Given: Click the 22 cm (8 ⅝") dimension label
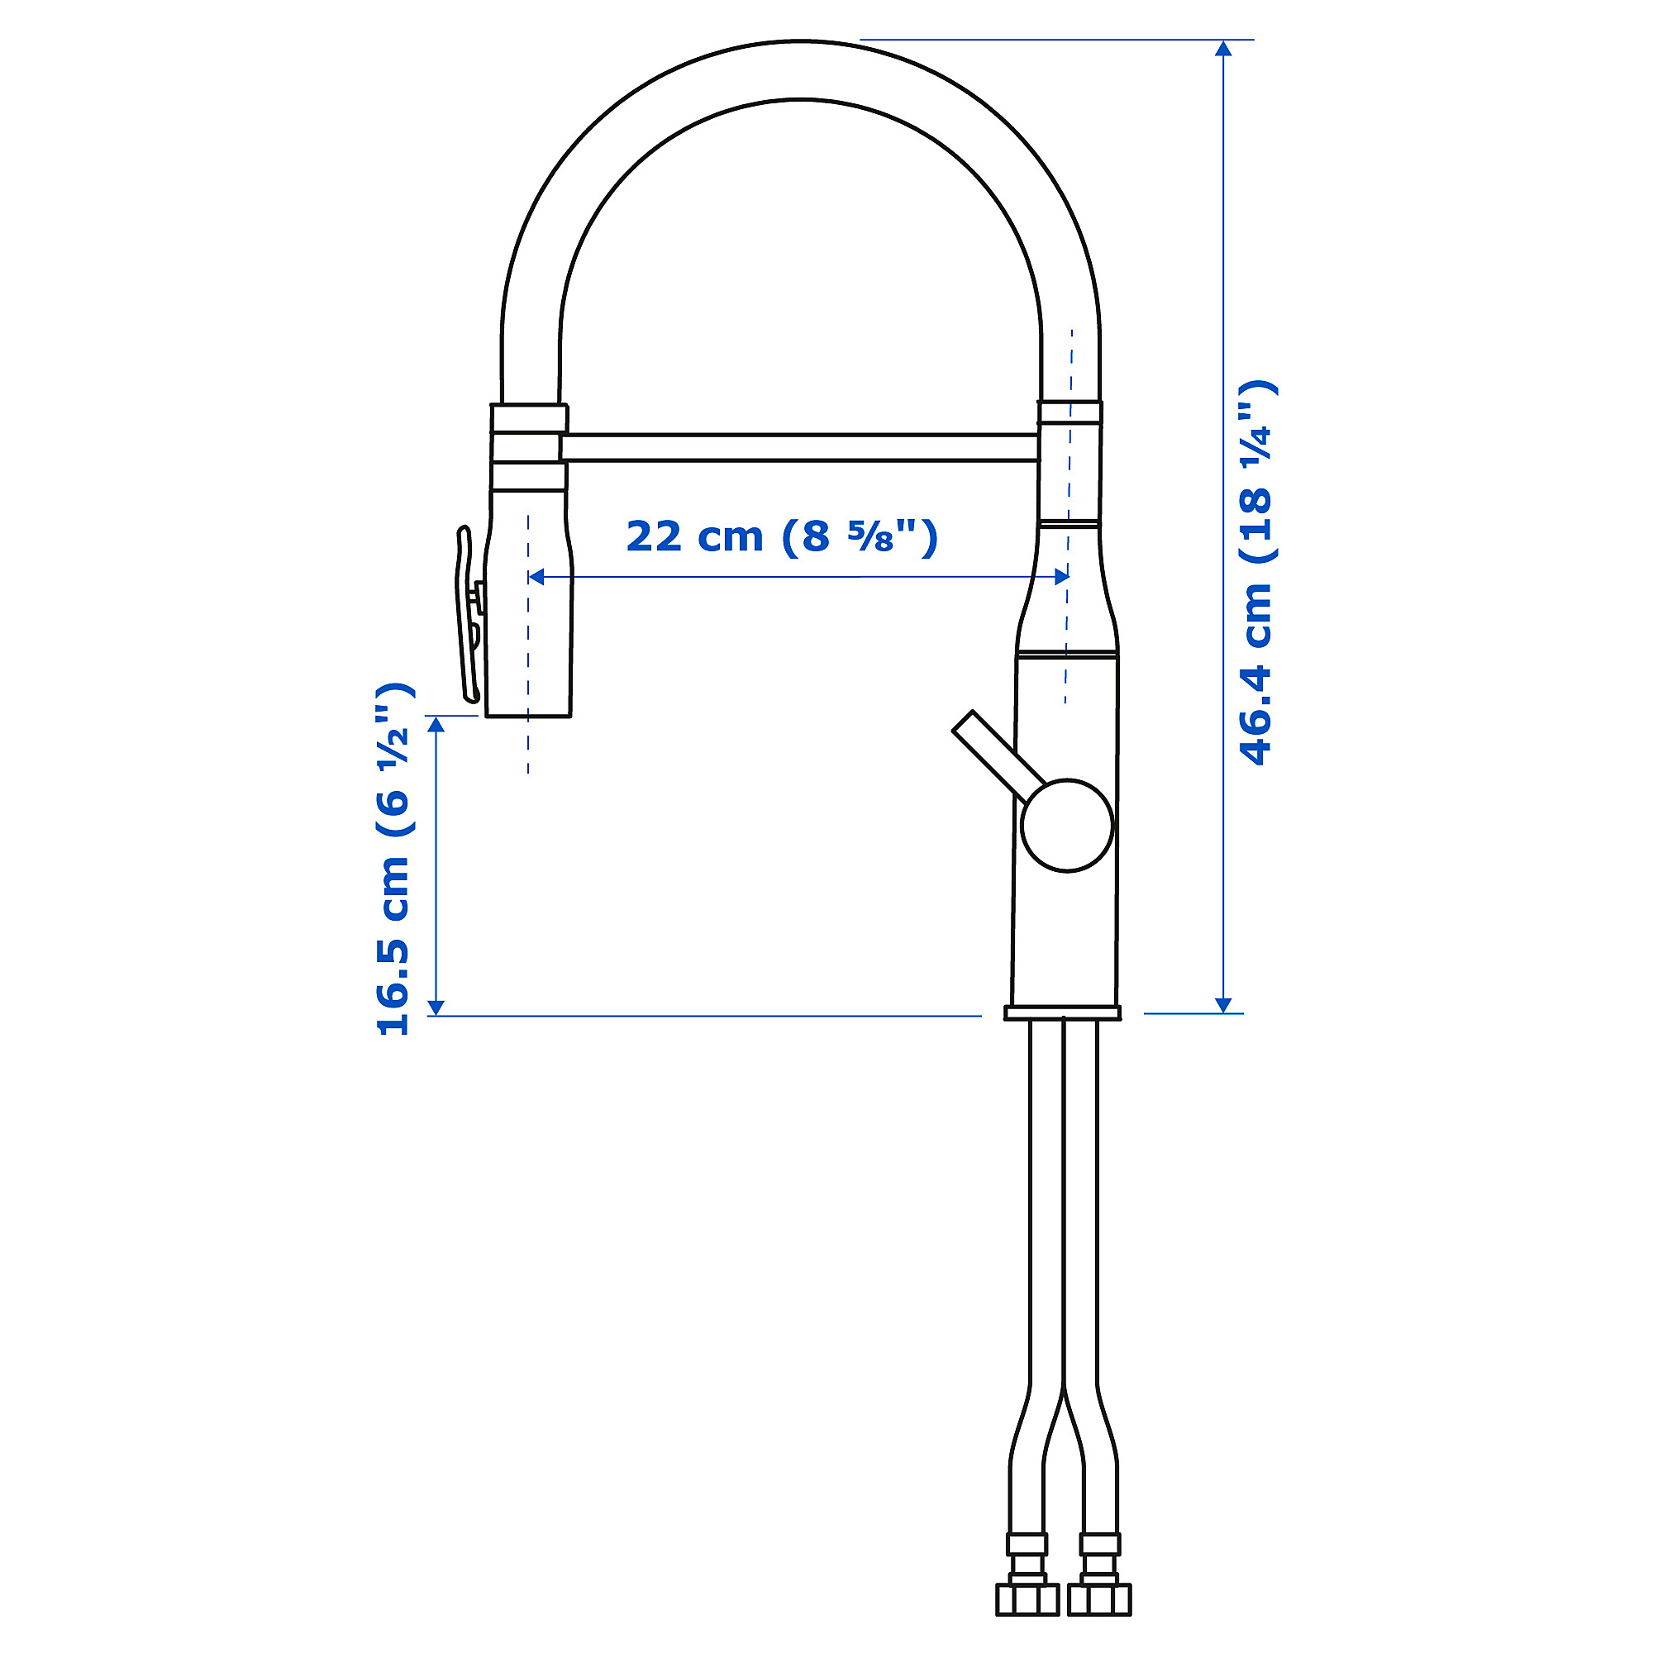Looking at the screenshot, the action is tap(782, 537).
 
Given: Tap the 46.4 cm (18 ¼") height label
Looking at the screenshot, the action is tap(1257, 572).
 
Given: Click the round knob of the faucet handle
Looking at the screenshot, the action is tap(1066, 826).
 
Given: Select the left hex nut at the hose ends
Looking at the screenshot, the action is tap(1027, 1599).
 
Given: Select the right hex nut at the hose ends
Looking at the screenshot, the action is tap(1099, 1599).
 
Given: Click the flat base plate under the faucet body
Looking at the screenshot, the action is tap(1062, 1013).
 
